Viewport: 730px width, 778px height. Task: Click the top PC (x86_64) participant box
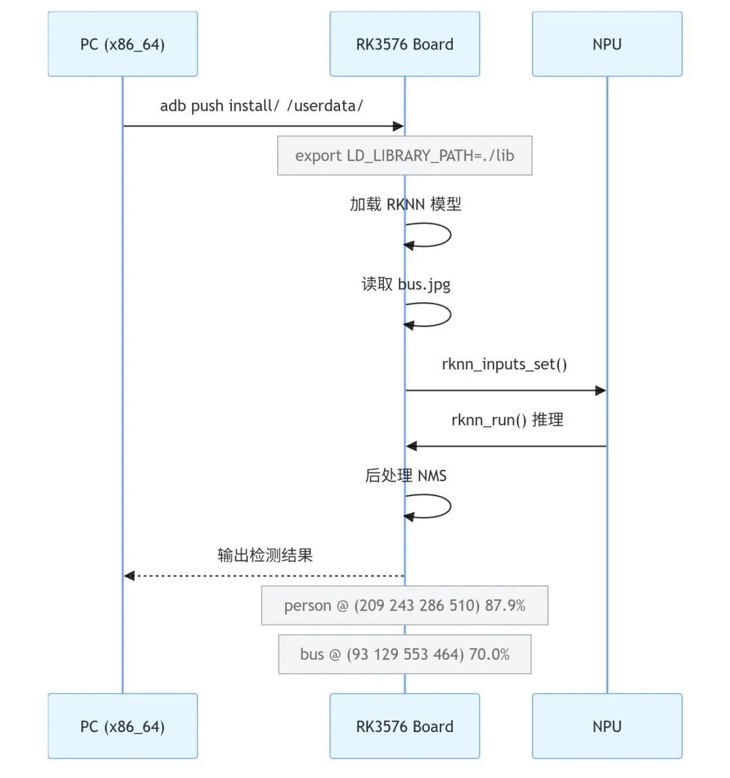(x=122, y=44)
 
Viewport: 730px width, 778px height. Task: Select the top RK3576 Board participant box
(x=404, y=44)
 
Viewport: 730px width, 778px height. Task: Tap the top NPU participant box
(x=607, y=44)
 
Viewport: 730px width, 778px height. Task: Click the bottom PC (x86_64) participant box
(x=122, y=726)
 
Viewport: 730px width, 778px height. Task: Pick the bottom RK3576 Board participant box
(x=404, y=726)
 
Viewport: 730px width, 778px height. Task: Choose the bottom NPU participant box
(x=607, y=726)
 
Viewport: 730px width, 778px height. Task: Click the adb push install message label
(x=262, y=105)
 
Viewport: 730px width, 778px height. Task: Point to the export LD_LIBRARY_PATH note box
(x=404, y=155)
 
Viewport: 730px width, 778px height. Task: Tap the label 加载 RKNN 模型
(x=406, y=204)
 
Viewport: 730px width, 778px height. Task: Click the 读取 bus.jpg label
(x=406, y=285)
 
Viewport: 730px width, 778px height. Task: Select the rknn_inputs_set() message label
(x=504, y=364)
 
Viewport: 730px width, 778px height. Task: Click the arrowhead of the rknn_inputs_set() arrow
(x=600, y=391)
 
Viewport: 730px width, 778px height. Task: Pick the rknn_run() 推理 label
(x=507, y=420)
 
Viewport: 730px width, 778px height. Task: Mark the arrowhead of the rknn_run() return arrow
(x=412, y=446)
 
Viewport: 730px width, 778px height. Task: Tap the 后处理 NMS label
(x=406, y=475)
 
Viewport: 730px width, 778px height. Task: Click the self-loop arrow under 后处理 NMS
(x=450, y=506)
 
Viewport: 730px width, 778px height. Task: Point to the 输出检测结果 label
(x=265, y=555)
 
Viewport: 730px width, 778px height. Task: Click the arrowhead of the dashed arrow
(x=129, y=576)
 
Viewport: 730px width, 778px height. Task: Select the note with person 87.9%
(x=404, y=606)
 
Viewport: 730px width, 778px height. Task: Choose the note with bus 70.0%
(x=404, y=654)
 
